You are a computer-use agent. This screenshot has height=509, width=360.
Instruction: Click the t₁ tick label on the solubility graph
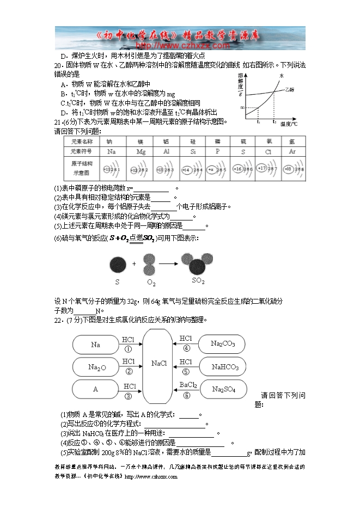click(258, 123)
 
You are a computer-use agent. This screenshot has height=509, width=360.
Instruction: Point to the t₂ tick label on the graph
click(274, 123)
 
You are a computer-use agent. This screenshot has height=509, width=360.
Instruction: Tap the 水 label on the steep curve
click(282, 76)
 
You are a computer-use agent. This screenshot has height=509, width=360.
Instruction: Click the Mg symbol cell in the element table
click(141, 151)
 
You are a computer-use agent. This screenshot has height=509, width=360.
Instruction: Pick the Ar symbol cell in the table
click(292, 151)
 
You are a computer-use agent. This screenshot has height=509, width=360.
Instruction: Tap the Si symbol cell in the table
click(193, 151)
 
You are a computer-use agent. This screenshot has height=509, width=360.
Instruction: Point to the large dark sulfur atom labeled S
click(118, 265)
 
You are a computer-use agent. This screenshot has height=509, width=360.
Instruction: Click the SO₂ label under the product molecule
click(198, 281)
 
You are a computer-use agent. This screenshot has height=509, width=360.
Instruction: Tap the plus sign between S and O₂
click(134, 264)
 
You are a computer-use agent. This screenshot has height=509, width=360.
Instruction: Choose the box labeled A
click(95, 389)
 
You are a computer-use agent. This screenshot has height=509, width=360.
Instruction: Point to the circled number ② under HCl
click(129, 372)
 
